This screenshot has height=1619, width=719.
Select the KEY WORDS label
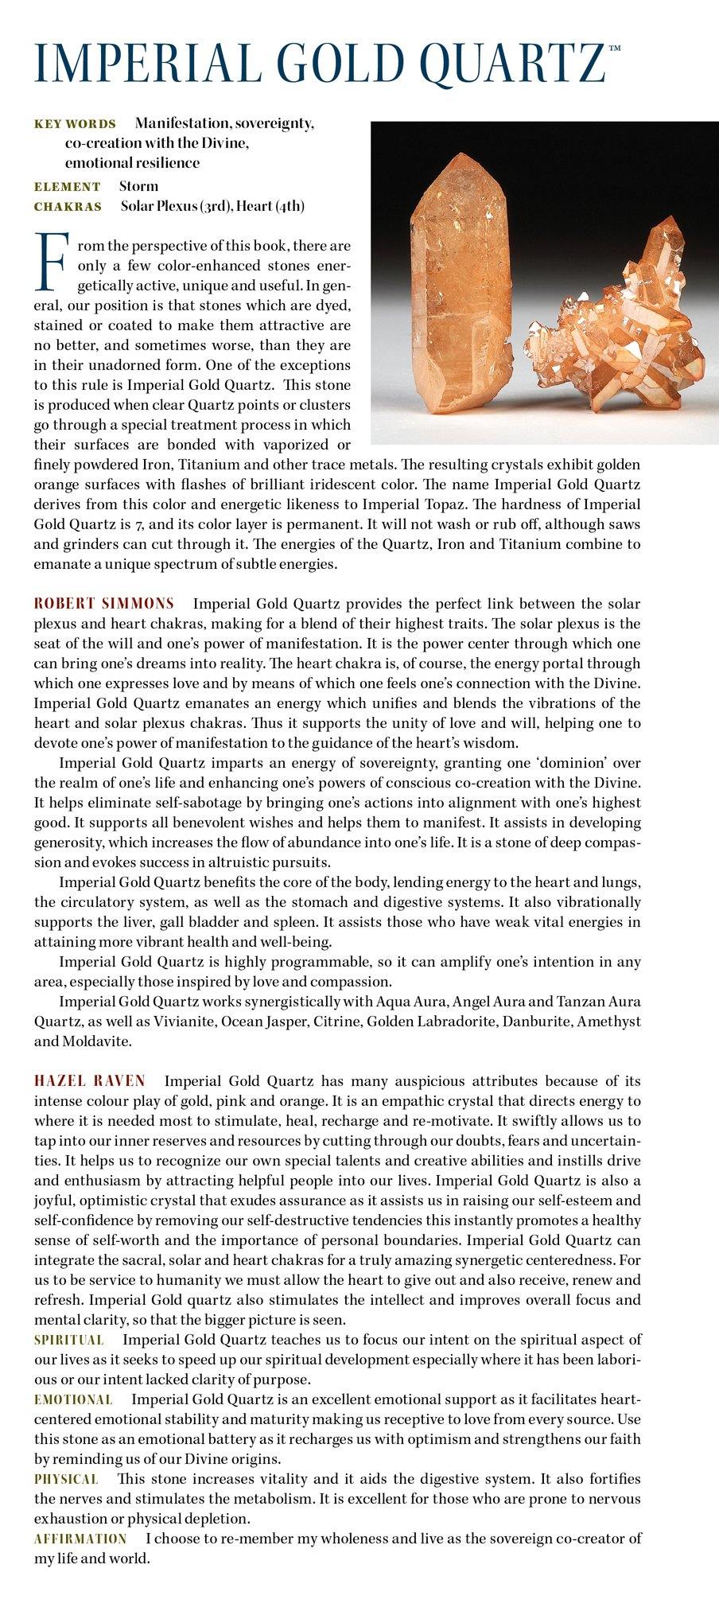(x=75, y=124)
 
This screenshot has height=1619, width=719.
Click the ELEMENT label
(x=67, y=187)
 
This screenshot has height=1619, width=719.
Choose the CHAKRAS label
(x=68, y=207)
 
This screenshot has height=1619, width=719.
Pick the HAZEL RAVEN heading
(x=90, y=1081)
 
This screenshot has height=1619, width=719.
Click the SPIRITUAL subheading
(x=68, y=1340)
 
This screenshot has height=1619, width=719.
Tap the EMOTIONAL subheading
(x=73, y=1399)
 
